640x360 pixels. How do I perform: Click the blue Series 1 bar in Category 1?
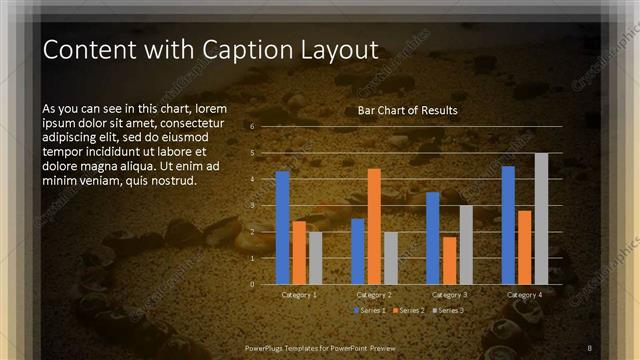[282, 227]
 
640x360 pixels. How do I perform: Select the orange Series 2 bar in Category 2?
[374, 226]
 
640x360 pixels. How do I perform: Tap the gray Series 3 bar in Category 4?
[541, 218]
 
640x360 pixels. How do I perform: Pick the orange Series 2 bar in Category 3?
[449, 260]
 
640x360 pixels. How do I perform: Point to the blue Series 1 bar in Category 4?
[508, 225]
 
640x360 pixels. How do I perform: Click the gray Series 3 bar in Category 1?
[315, 258]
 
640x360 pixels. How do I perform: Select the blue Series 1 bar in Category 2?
[358, 251]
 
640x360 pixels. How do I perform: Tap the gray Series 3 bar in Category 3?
[465, 244]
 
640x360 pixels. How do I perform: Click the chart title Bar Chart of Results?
[407, 110]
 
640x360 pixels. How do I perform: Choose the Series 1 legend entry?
[368, 311]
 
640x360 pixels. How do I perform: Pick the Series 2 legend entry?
[407, 311]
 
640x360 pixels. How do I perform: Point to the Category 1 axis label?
[299, 295]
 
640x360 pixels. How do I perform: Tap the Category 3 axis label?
[449, 295]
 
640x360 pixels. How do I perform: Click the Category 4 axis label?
[524, 295]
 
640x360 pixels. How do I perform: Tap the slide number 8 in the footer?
[590, 347]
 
